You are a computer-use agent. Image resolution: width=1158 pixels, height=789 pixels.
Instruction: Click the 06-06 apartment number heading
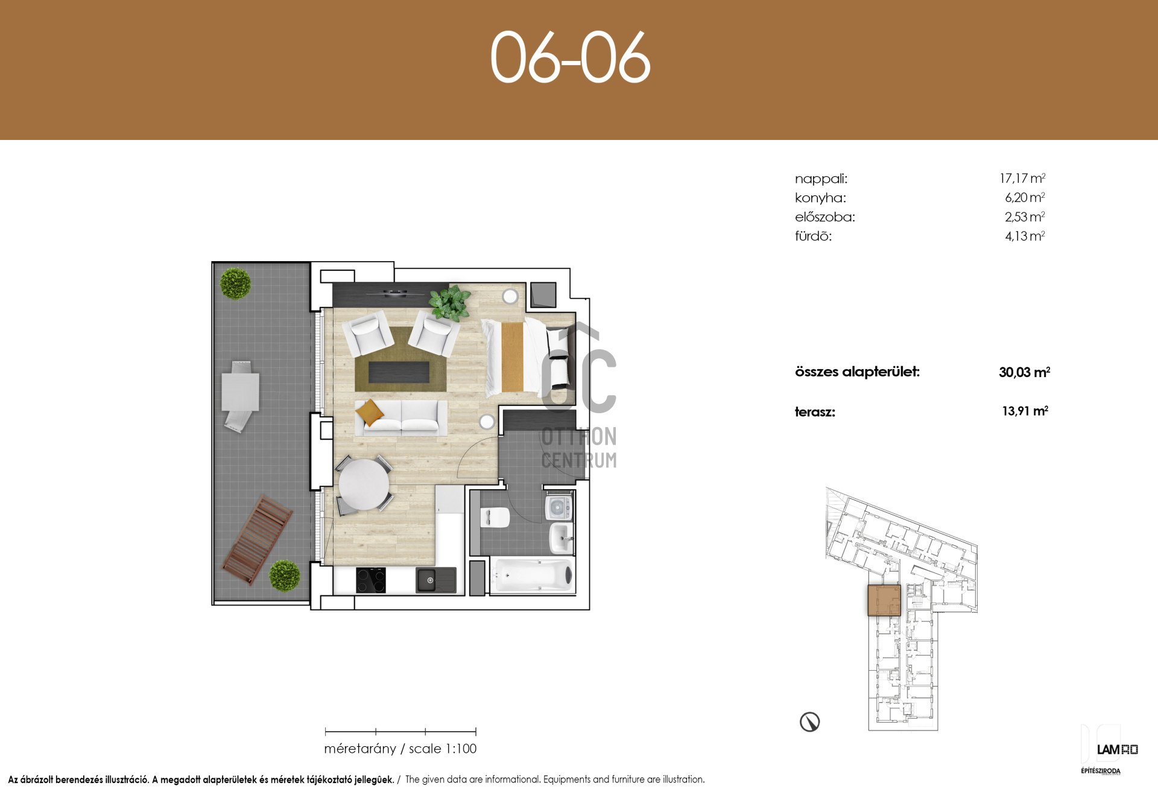[571, 57]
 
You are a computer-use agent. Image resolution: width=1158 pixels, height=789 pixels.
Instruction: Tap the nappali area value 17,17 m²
[1022, 178]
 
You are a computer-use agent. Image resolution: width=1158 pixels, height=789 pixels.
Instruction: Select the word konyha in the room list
[820, 198]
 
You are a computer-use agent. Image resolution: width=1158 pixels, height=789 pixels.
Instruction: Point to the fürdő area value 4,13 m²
[1025, 236]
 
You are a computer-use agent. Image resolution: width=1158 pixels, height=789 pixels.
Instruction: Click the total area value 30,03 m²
[1024, 372]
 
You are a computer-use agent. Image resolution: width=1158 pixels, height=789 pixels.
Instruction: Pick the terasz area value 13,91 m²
[1025, 411]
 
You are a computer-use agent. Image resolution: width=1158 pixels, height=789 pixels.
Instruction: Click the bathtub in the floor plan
[532, 576]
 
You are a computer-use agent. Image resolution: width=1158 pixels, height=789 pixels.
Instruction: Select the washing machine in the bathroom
[559, 507]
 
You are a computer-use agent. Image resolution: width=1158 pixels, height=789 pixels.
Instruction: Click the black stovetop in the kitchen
[370, 580]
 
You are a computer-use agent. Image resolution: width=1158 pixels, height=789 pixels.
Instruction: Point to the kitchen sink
[435, 580]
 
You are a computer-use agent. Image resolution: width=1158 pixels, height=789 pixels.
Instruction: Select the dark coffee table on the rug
[399, 372]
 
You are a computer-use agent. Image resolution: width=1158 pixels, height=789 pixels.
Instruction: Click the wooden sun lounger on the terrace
[257, 539]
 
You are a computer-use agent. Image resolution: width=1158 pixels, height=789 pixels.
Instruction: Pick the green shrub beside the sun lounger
[285, 576]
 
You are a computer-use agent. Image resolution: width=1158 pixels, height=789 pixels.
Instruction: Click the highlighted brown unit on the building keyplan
[884, 600]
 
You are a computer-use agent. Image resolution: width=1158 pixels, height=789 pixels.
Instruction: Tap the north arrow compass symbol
[809, 721]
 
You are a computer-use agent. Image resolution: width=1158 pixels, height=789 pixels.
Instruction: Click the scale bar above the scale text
[400, 732]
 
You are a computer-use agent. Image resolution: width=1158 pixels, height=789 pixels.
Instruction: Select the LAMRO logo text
[1117, 750]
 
